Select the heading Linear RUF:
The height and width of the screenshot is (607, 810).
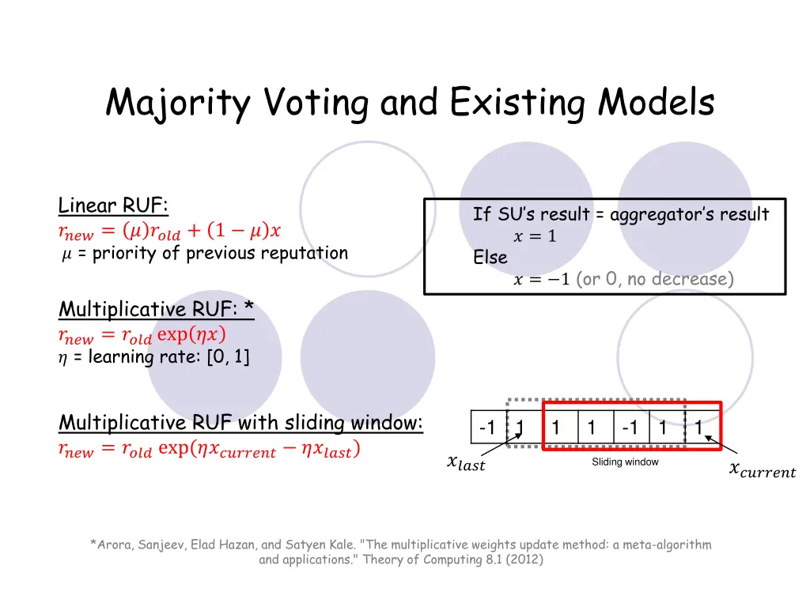point(113,206)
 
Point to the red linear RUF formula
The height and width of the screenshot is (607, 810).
point(169,232)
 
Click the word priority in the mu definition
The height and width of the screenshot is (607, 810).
point(121,254)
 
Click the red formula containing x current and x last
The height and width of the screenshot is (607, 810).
point(210,451)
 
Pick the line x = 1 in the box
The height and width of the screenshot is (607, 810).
point(536,236)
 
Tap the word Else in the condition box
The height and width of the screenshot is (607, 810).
point(490,258)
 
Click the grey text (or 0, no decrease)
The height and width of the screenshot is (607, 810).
point(656,280)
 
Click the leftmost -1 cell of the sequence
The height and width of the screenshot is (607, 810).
point(487,428)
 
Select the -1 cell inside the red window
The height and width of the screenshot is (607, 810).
point(630,428)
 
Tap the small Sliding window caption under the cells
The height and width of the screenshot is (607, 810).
point(625,462)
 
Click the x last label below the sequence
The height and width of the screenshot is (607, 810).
point(466,463)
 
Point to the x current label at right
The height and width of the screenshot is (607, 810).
point(762,471)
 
